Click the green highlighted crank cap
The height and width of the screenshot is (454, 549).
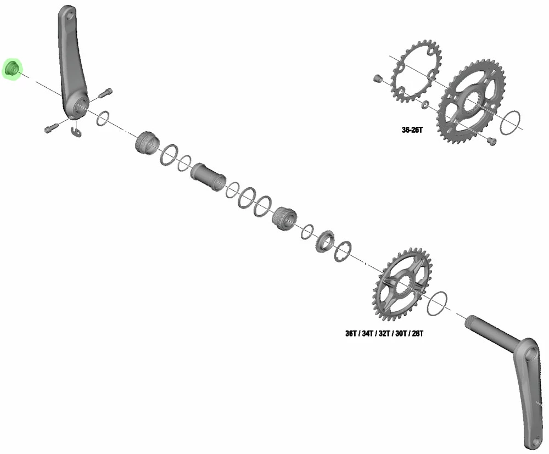(12, 70)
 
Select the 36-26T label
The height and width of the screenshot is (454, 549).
(412, 131)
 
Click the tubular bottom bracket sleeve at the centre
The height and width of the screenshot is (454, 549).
(208, 177)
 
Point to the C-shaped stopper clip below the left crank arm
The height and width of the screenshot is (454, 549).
(76, 131)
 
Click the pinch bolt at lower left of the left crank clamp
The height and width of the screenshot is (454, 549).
(50, 128)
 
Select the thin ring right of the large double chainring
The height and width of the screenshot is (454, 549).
(512, 120)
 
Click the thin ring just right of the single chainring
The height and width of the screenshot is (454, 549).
(436, 301)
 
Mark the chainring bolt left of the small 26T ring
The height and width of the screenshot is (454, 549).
(377, 79)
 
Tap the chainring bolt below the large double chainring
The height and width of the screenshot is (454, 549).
(491, 142)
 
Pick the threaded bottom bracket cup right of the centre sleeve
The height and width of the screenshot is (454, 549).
(284, 217)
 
